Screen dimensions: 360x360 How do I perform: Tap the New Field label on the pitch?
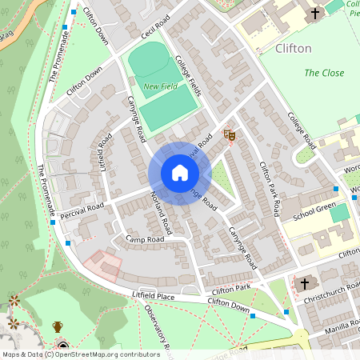pyautogui.click(x=159, y=86)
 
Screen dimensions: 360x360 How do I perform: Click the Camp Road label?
pyautogui.click(x=145, y=239)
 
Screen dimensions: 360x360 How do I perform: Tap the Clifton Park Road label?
pyautogui.click(x=269, y=189)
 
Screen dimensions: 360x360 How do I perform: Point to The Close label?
pyautogui.click(x=324, y=74)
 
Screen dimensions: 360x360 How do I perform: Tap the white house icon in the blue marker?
pyautogui.click(x=180, y=173)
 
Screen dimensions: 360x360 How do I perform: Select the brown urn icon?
pyautogui.click(x=58, y=326)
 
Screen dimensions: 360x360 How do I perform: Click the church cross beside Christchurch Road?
pyautogui.click(x=303, y=284)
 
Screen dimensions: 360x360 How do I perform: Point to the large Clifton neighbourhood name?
pyautogui.click(x=293, y=49)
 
